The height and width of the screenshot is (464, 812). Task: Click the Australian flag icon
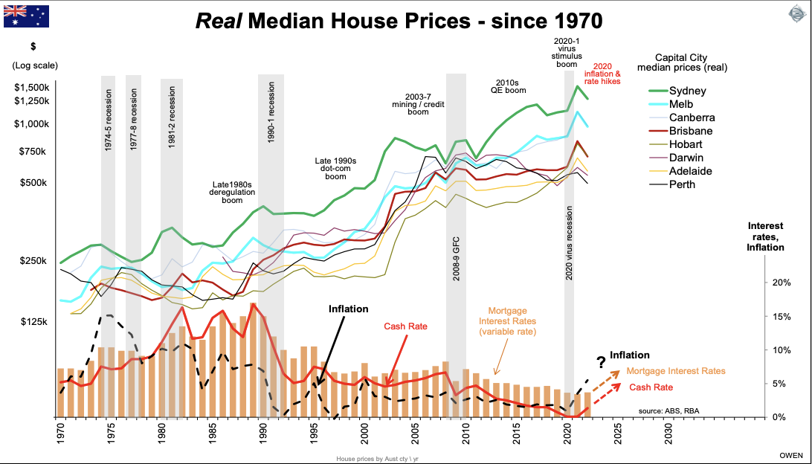(27, 16)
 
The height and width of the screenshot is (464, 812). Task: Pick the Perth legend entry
(682, 184)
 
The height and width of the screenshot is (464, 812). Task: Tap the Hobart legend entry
(685, 144)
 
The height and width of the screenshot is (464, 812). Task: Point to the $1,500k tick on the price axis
(30, 87)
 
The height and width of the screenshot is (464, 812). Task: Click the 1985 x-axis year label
(213, 433)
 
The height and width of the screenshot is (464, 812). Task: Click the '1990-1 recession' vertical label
(272, 118)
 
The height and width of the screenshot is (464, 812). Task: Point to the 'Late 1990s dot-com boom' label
(336, 170)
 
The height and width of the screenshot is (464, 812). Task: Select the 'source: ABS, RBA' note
(668, 410)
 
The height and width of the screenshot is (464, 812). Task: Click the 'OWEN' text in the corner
(790, 454)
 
